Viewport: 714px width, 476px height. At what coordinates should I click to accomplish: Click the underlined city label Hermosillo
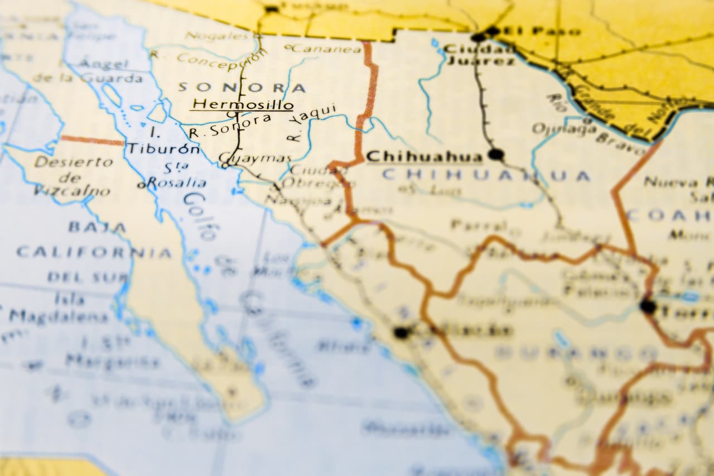(x=243, y=104)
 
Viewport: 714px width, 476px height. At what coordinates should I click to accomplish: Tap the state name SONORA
(x=242, y=88)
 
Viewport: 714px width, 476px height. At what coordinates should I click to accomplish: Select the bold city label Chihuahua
(x=424, y=156)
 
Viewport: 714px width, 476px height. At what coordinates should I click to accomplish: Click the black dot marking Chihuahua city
(x=495, y=155)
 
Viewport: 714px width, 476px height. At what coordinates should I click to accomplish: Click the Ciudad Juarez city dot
(x=478, y=37)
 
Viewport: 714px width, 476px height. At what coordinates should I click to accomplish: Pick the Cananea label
(x=324, y=49)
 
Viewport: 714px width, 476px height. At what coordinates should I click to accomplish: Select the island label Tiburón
(x=163, y=149)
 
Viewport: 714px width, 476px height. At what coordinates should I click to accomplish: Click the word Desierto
(x=73, y=162)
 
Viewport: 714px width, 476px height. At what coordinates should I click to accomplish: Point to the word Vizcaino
(x=71, y=191)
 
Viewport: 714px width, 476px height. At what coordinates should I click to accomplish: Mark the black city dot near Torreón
(x=648, y=306)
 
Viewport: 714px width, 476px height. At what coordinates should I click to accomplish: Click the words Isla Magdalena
(x=59, y=309)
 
